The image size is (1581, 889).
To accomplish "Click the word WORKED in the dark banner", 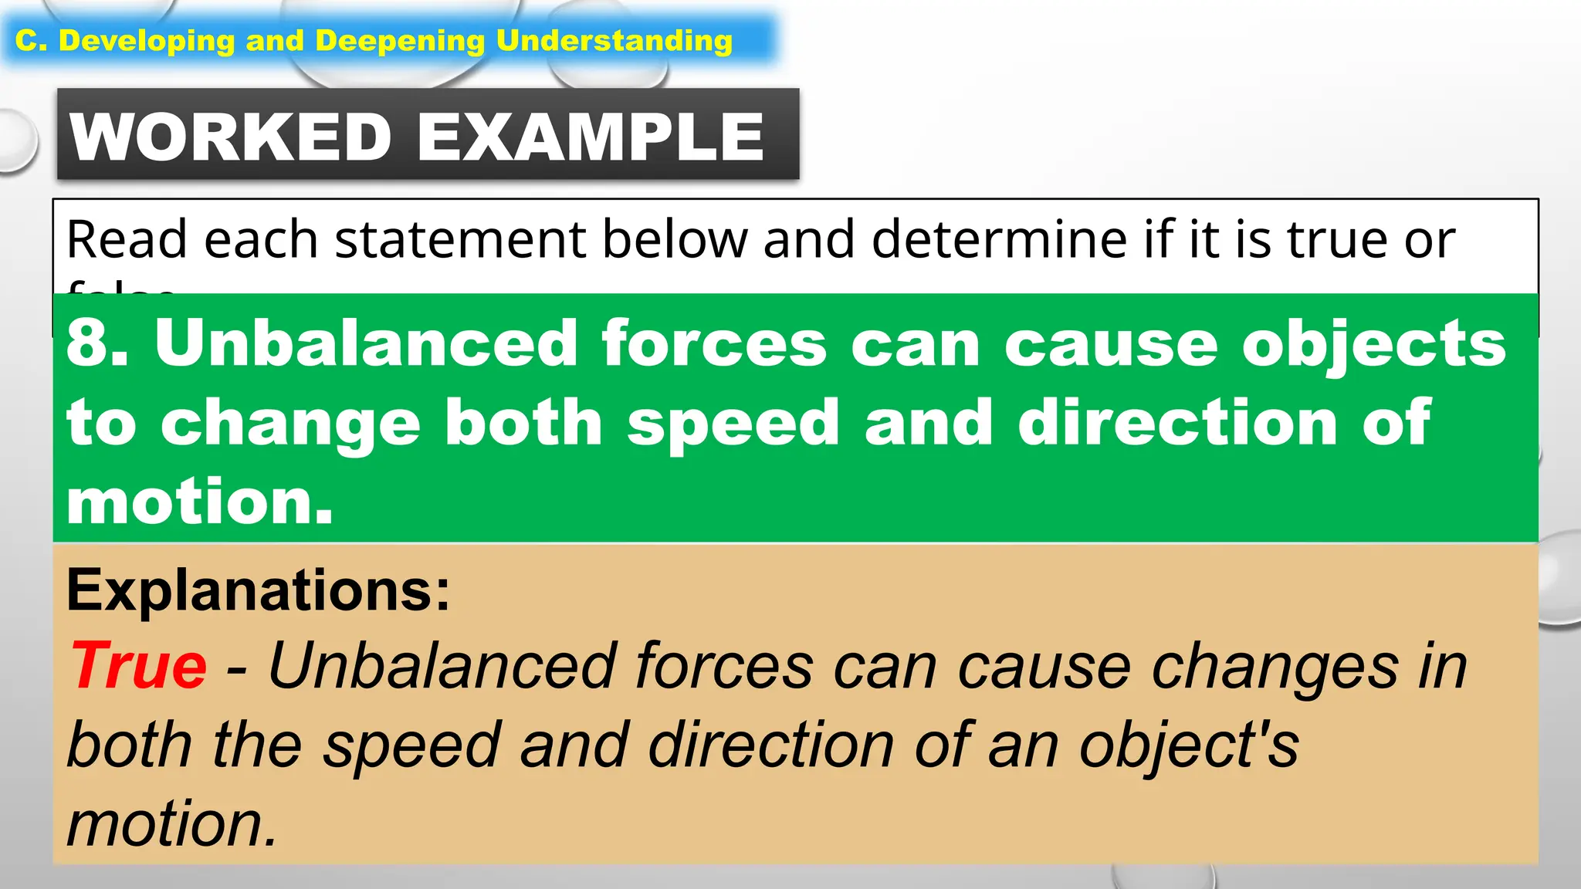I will tap(231, 137).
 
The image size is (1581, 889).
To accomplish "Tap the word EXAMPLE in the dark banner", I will tap(591, 137).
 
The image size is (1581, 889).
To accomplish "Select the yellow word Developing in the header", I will tap(147, 41).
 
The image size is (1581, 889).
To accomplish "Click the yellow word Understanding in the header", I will tap(614, 41).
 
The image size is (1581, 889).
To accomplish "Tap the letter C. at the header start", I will tap(32, 41).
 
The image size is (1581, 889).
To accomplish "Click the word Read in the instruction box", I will tap(127, 239).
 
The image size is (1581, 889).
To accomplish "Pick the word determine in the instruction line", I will tap(1000, 239).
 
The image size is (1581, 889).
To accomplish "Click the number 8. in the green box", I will tap(97, 343).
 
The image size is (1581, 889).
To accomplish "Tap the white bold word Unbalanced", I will tap(366, 343).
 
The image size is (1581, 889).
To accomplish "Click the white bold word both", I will tap(523, 422).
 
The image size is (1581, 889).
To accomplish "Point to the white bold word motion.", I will tap(199, 502).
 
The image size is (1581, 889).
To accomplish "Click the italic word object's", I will tap(1189, 746).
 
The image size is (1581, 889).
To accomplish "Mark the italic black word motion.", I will tap(171, 824).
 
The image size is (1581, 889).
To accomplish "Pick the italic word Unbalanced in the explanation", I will tap(441, 666).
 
